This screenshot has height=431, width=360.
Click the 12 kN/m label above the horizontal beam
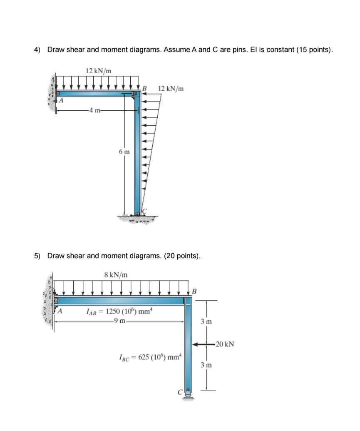[x=98, y=71]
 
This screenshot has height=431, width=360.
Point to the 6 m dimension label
[x=124, y=152]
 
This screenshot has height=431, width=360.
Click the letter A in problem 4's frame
[x=61, y=100]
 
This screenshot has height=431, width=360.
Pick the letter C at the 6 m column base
[x=145, y=212]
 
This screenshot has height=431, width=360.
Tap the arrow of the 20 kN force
[x=203, y=344]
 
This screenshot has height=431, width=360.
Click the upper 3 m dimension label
[x=206, y=322]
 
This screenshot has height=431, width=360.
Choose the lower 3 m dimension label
[x=206, y=365]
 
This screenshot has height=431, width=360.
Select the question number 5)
[x=37, y=255]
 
